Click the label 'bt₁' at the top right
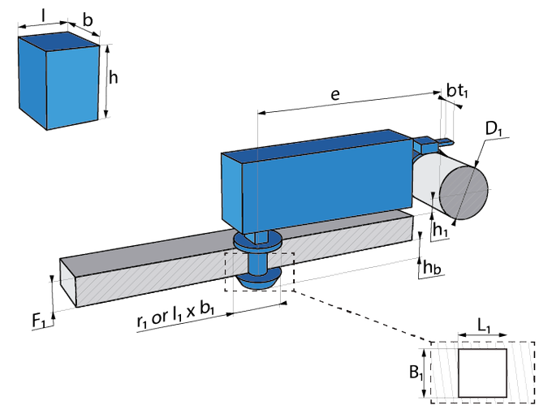456,92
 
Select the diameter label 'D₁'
492,129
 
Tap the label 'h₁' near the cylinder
441,230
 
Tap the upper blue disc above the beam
257,240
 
